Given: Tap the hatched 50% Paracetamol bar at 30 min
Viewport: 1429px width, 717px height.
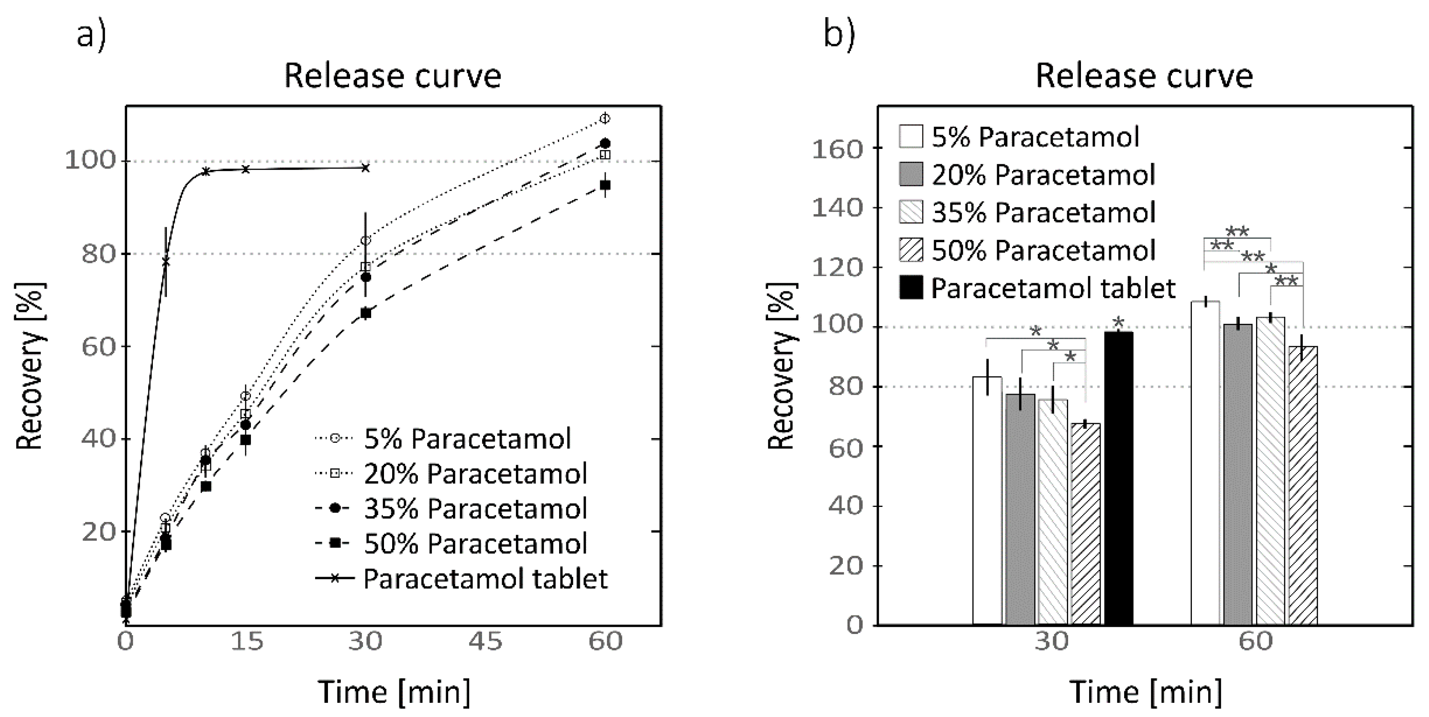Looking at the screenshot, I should [1086, 524].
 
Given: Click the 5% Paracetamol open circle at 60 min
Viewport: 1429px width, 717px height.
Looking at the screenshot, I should [605, 118].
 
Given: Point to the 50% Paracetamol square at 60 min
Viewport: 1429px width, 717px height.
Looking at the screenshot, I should [605, 185].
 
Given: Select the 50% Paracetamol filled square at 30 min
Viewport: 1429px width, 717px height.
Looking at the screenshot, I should [366, 313].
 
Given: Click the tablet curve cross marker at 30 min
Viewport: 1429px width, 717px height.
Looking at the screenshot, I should [366, 167].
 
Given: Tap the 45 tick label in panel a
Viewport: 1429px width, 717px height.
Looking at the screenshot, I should [486, 642].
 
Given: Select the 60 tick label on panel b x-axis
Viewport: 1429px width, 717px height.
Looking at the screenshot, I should [1255, 642].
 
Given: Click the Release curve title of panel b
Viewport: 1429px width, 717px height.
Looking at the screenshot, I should [1144, 77].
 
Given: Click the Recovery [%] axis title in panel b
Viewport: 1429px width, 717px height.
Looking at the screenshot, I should [782, 366].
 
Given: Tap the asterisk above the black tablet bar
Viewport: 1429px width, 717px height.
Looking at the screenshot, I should [1118, 322].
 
